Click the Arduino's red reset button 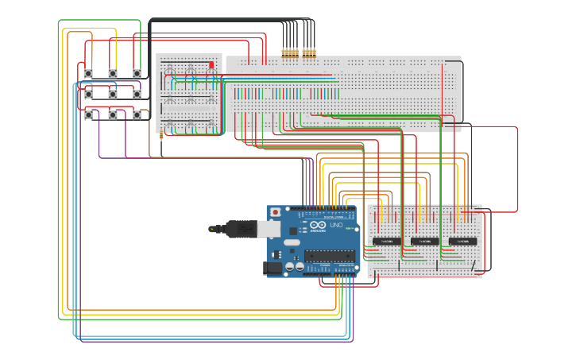(276, 212)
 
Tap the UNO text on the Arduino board (336, 226)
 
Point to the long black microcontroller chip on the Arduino (330, 255)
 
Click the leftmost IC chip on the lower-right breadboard (386, 241)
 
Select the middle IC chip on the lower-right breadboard (424, 241)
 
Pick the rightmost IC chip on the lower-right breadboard (462, 241)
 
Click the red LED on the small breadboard (211, 64)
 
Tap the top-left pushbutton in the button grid (88, 73)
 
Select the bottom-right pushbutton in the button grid (137, 114)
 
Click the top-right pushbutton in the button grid (137, 73)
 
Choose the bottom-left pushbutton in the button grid (88, 114)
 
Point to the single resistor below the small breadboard (161, 134)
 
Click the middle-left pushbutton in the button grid (88, 94)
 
